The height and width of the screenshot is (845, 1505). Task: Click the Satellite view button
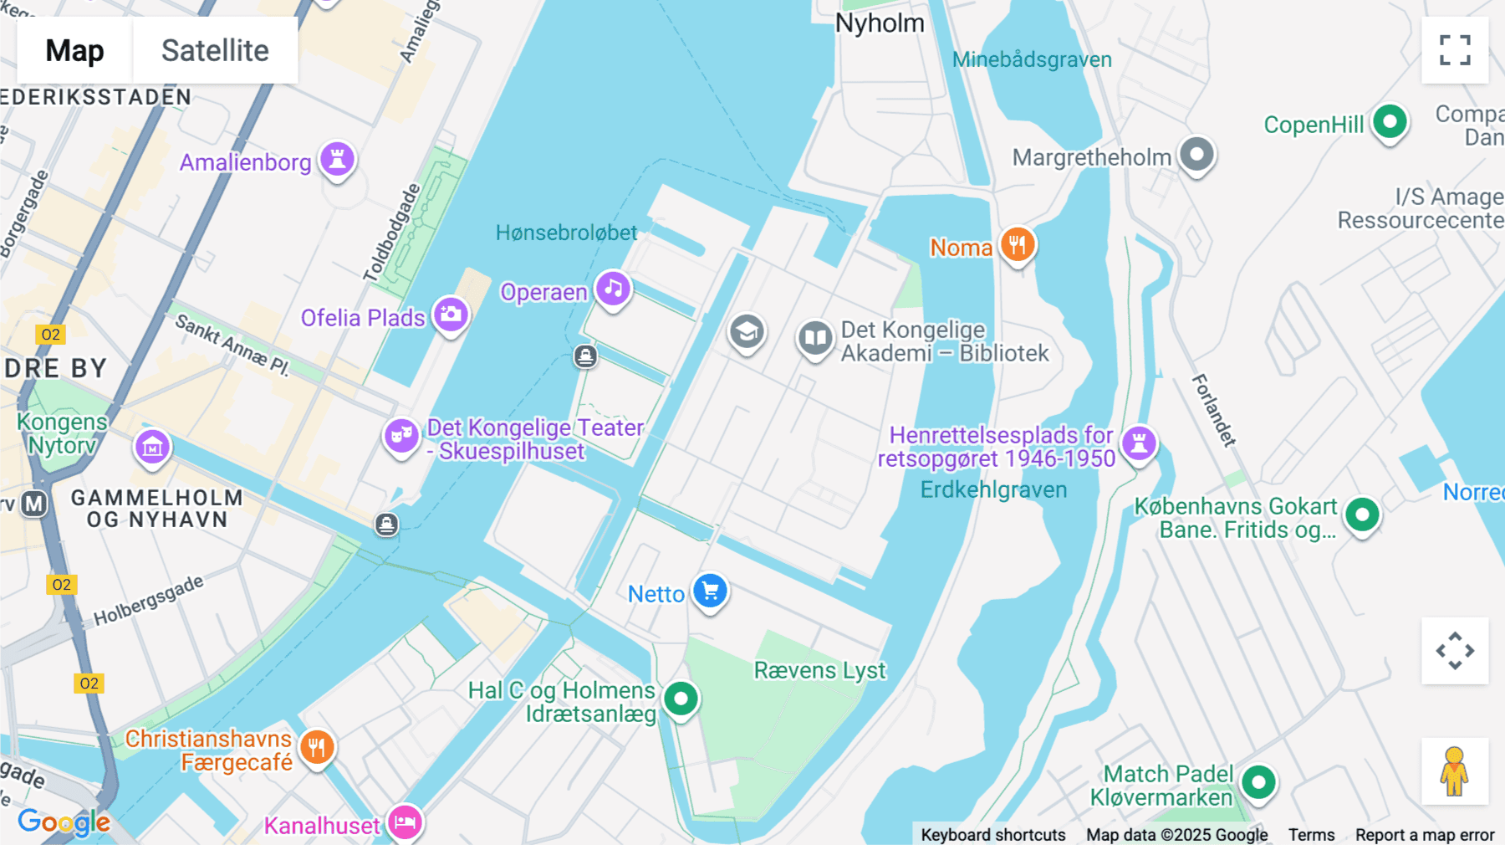[x=215, y=50]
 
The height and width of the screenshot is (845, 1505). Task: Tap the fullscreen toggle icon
[x=1455, y=50]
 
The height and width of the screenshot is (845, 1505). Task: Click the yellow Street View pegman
[x=1455, y=771]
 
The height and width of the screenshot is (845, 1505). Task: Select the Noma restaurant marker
[x=1017, y=245]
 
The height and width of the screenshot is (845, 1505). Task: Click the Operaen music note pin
[x=613, y=289]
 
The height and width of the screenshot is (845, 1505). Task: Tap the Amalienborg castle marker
[x=337, y=159]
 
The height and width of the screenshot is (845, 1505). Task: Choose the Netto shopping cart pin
[x=710, y=591]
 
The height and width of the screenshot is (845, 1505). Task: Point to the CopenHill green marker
[x=1390, y=122]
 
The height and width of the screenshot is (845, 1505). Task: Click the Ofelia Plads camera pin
[x=451, y=315]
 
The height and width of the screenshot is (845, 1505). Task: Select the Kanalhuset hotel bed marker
[x=405, y=822]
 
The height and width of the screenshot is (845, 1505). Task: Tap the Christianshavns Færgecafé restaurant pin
[x=316, y=747]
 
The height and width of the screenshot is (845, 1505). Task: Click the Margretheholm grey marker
[x=1196, y=155]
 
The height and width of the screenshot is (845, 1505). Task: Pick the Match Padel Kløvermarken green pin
[x=1258, y=783]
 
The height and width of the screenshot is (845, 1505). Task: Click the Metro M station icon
[x=34, y=504]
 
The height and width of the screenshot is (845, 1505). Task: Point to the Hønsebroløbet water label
[x=566, y=233]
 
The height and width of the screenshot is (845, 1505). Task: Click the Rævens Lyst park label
[x=819, y=670]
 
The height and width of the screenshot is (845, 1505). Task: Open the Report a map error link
[x=1425, y=835]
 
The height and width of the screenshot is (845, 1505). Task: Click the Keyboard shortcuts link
[x=992, y=835]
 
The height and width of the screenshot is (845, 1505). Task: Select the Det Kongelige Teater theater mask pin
[x=401, y=436]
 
